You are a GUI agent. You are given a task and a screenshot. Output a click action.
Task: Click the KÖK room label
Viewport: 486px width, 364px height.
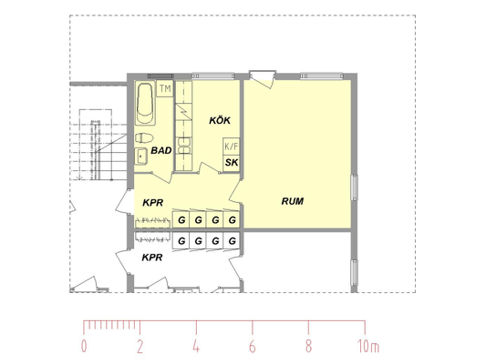pyautogui.click(x=220, y=120)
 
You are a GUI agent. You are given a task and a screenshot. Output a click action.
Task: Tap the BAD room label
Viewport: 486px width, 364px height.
pyautogui.click(x=161, y=151)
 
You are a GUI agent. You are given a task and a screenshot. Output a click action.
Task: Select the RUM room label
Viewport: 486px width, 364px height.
pyautogui.click(x=293, y=201)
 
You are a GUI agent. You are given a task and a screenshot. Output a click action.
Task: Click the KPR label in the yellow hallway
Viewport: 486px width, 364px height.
pyautogui.click(x=153, y=203)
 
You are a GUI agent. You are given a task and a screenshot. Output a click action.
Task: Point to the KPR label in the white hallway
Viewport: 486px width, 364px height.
pyautogui.click(x=152, y=258)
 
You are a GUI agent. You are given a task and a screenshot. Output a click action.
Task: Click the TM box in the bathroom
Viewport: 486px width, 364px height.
pyautogui.click(x=165, y=88)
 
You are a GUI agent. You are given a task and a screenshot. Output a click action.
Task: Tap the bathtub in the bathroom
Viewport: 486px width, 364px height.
pyautogui.click(x=145, y=104)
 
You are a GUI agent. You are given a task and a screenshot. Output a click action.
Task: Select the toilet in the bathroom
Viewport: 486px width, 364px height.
pyautogui.click(x=144, y=138)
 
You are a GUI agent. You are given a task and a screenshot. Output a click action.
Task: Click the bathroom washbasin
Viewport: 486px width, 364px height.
pyautogui.click(x=141, y=157)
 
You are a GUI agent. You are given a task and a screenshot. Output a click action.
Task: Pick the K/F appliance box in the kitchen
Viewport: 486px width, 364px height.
pyautogui.click(x=232, y=147)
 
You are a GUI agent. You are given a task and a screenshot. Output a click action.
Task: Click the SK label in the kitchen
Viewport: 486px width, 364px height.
pyautogui.click(x=232, y=162)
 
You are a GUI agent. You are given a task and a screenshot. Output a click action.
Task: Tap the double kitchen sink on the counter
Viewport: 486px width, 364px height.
pyautogui.click(x=184, y=146)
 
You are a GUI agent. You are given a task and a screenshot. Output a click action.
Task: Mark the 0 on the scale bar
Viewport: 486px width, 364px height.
pyautogui.click(x=84, y=347)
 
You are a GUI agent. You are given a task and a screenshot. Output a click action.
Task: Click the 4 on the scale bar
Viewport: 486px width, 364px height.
pyautogui.click(x=196, y=347)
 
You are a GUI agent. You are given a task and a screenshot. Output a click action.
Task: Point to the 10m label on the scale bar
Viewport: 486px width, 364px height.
pyautogui.click(x=368, y=347)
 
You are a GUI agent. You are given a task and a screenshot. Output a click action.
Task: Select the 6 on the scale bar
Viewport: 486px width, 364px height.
pyautogui.click(x=253, y=347)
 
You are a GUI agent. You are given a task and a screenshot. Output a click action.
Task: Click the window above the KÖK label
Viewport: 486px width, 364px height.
pyautogui.click(x=212, y=76)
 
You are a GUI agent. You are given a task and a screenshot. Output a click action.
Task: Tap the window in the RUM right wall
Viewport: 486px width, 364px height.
pyautogui.click(x=355, y=187)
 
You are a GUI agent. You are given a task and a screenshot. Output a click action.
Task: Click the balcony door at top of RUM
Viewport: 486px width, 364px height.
pyautogui.click(x=263, y=79)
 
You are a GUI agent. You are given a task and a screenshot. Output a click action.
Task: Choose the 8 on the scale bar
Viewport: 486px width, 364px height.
pyautogui.click(x=308, y=347)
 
